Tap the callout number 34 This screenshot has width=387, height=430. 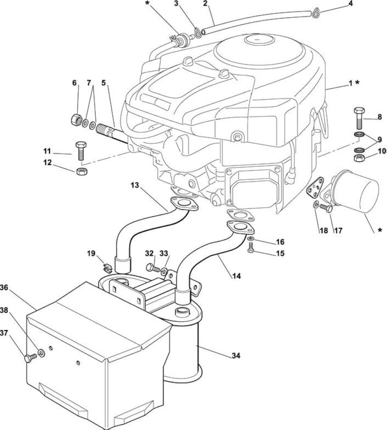point(236,356)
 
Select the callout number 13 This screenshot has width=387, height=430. point(135,185)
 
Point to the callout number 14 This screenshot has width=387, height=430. point(236,276)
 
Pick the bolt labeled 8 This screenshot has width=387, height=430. point(359,119)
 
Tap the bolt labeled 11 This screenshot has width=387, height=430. point(81,151)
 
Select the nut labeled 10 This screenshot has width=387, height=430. point(359,158)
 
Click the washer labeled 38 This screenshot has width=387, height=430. point(42,353)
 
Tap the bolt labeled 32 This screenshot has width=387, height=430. point(153,267)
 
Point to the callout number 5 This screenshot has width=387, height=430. point(103,83)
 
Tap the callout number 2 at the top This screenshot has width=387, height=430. point(205,4)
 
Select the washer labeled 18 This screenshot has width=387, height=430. point(316,205)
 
